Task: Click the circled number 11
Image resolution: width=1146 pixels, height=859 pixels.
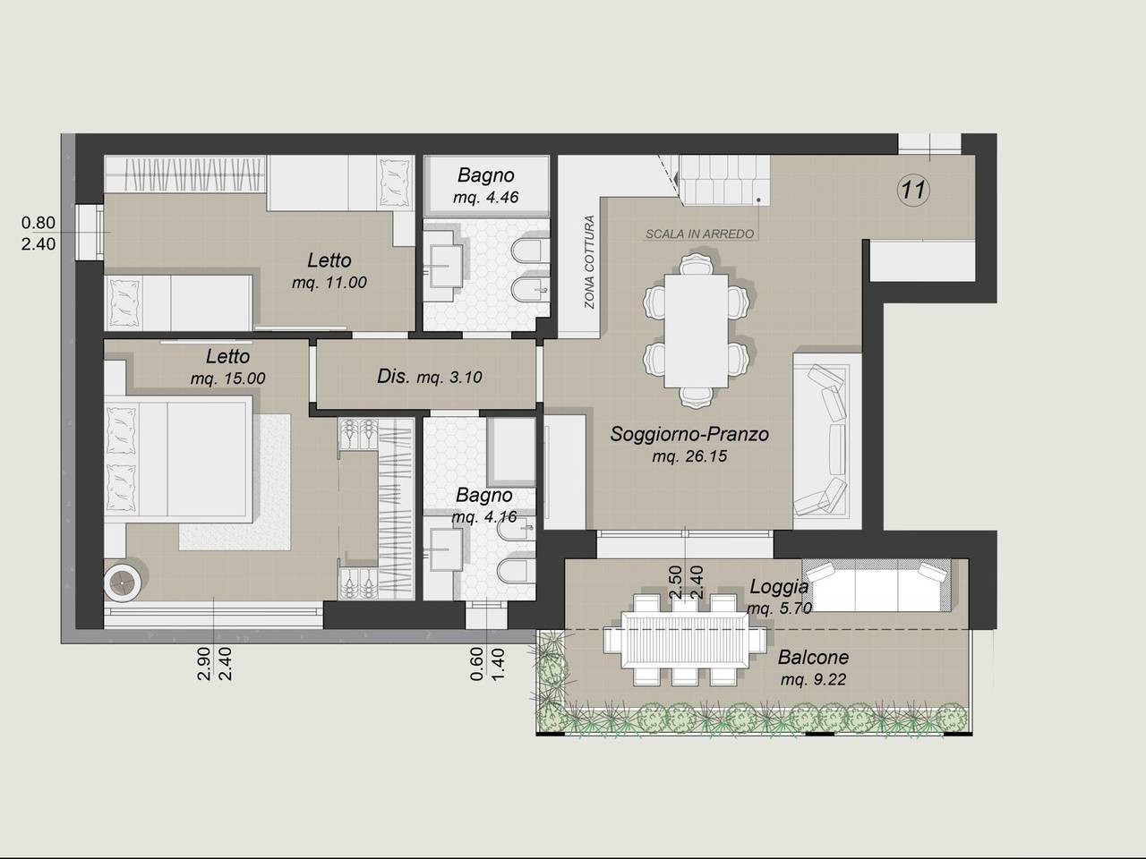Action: tap(913, 190)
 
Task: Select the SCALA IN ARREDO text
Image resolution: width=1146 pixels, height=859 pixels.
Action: tap(699, 234)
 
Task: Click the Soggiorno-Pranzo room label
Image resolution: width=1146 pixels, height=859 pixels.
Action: tap(689, 433)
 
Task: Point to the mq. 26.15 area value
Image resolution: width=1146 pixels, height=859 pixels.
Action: tap(689, 456)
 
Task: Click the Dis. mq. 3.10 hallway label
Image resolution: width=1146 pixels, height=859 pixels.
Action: tap(429, 376)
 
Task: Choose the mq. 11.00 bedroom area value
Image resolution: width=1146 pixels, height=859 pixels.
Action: tap(329, 283)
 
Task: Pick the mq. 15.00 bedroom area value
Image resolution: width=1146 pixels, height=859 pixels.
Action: tap(227, 378)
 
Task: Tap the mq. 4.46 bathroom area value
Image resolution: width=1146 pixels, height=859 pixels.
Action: tap(485, 198)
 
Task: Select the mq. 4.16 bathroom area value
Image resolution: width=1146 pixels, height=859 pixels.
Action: tap(484, 517)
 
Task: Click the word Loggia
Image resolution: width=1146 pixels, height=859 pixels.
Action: tap(779, 587)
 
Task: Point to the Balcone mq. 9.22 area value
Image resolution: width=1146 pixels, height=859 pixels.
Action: tap(813, 679)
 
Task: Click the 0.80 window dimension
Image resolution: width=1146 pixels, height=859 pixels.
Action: tap(38, 223)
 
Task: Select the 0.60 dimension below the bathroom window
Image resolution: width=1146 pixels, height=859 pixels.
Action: tap(476, 663)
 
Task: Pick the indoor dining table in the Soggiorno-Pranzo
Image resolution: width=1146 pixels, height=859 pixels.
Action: tap(696, 331)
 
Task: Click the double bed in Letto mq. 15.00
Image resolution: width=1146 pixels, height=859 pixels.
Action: tap(178, 457)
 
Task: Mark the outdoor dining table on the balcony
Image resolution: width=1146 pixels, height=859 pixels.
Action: tap(685, 639)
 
